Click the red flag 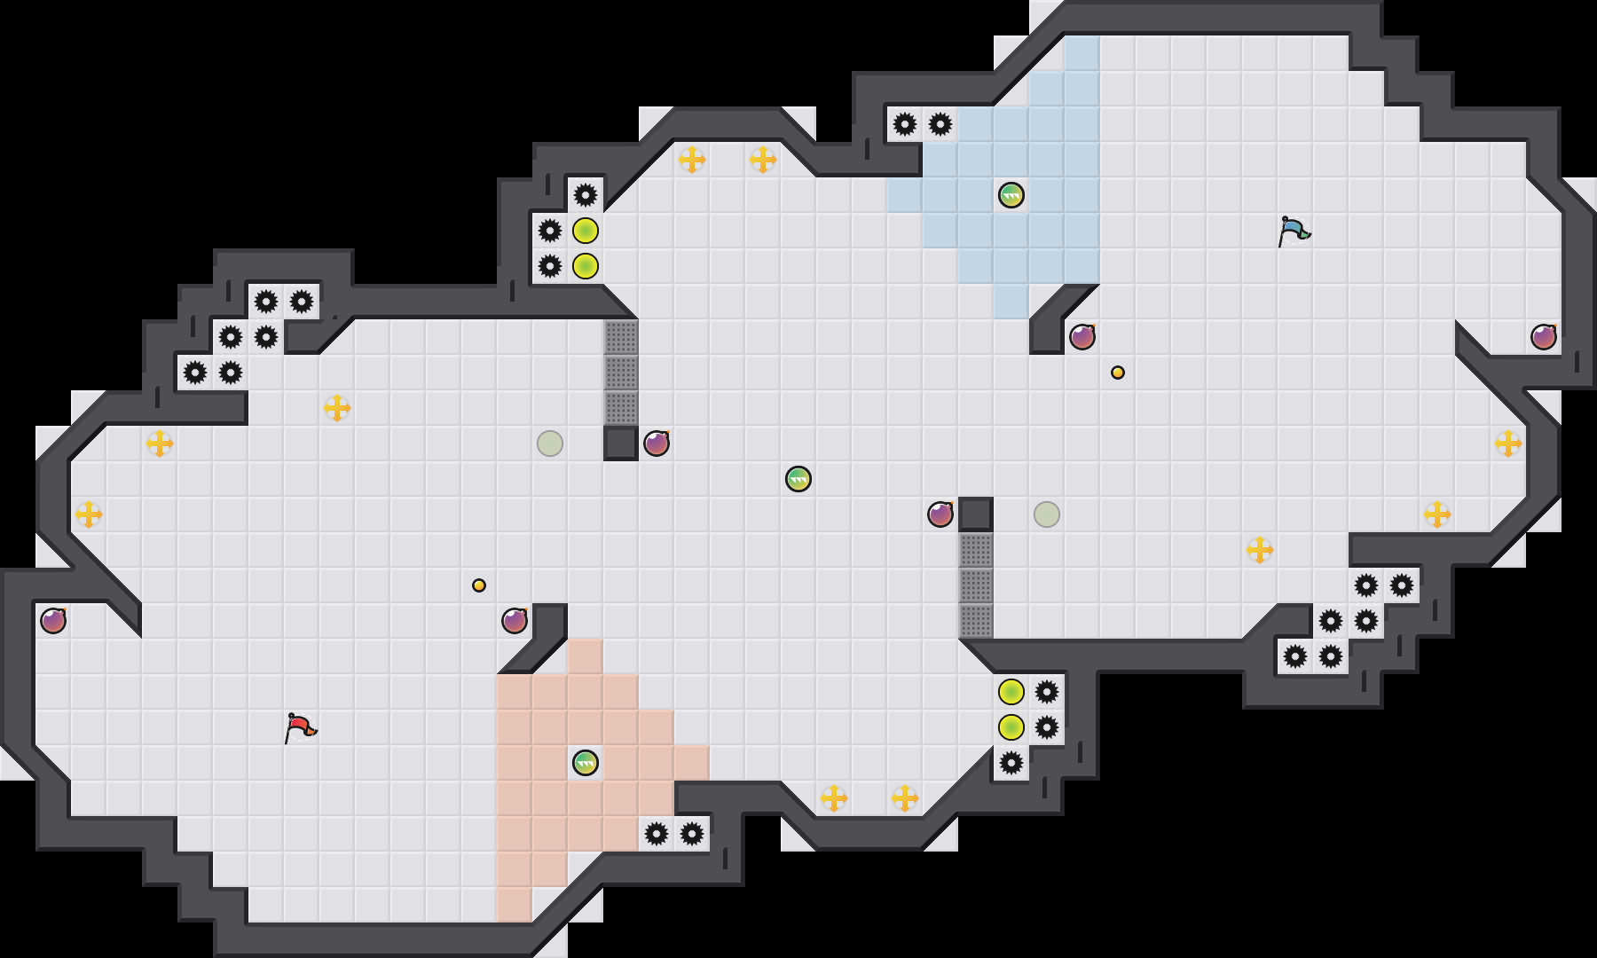300,727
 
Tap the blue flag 1294,231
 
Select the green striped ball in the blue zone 1011,195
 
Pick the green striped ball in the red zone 586,763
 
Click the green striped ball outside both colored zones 798,479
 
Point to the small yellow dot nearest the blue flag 1118,373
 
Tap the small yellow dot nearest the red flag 479,585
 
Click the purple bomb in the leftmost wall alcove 53,621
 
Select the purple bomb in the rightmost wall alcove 1544,337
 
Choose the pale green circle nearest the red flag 550,444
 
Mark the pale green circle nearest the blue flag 1047,514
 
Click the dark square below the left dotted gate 621,444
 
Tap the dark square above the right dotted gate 976,514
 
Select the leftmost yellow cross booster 89,514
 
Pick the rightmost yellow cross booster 1508,444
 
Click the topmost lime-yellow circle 586,231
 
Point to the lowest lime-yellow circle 1011,727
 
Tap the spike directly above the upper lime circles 586,195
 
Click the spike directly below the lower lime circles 1011,763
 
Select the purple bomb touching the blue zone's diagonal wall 1082,337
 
